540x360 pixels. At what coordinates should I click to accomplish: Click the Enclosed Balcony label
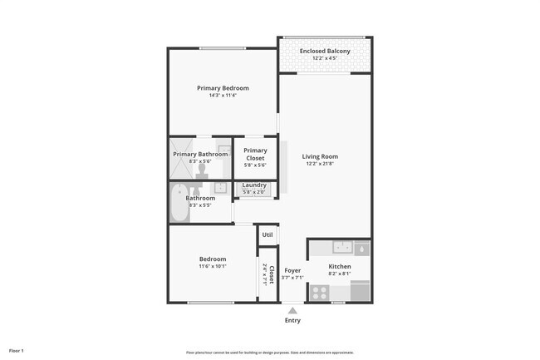point(325,52)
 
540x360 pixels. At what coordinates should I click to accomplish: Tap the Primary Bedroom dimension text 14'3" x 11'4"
point(223,96)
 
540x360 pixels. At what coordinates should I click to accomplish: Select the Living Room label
point(320,156)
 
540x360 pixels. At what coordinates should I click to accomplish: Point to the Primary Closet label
point(255,154)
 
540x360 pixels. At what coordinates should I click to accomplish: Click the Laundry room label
point(254,185)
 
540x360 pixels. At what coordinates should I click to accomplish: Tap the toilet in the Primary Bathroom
point(202,170)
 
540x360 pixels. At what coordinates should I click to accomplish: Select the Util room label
point(268,234)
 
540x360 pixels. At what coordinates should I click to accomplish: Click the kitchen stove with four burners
point(319,292)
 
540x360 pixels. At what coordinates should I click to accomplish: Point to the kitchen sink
point(341,247)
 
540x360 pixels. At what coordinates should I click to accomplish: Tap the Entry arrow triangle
point(292,310)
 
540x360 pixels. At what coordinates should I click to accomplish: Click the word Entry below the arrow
point(292,320)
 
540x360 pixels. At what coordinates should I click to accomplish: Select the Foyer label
point(292,270)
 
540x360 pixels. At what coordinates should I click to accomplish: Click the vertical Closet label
point(270,275)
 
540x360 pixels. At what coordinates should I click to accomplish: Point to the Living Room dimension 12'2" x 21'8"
point(320,164)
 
